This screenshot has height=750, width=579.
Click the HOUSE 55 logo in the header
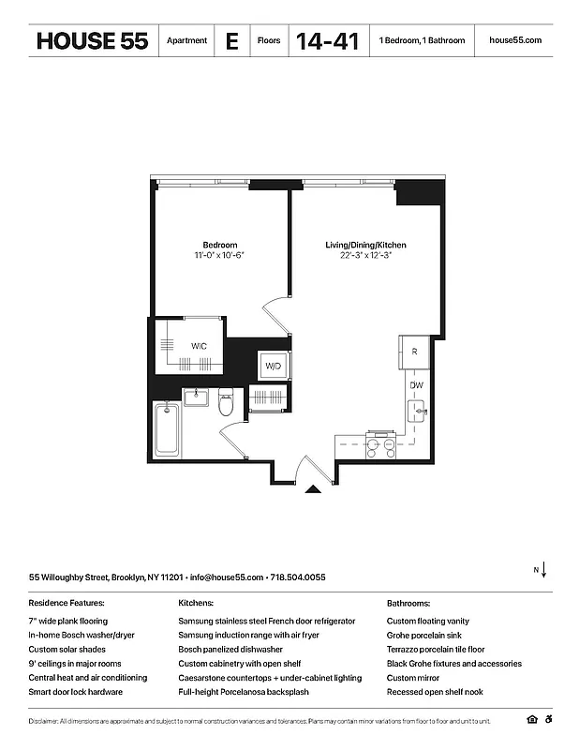92,41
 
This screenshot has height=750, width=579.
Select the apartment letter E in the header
230,41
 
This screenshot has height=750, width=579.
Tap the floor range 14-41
327,41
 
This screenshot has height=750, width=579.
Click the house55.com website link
515,41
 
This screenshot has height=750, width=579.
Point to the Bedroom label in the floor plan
220,245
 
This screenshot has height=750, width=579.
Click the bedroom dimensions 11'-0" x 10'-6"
220,255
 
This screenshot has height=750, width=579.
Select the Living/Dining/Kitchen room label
365,245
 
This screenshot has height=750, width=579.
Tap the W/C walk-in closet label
200,346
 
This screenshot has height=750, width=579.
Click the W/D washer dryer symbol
273,365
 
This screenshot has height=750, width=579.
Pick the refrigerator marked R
413,351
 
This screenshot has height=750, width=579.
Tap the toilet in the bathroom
226,404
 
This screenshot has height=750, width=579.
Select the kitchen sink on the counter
416,411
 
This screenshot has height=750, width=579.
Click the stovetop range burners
379,447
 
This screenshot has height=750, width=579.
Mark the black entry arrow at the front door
315,487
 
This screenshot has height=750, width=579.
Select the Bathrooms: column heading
408,603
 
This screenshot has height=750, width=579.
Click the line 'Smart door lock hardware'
75,692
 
